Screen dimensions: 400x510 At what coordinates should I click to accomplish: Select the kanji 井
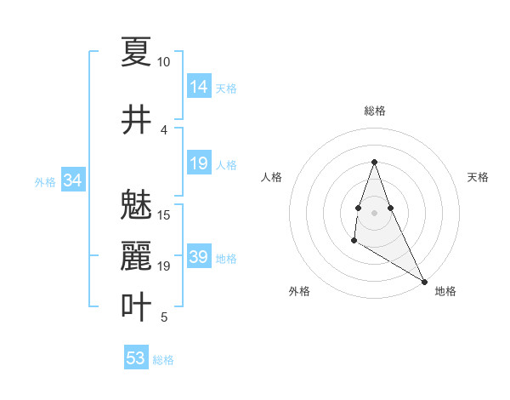click(136, 118)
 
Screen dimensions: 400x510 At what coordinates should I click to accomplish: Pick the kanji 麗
click(136, 255)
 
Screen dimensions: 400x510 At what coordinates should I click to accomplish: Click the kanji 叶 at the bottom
click(136, 306)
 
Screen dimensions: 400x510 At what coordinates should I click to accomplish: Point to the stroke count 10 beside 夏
click(164, 62)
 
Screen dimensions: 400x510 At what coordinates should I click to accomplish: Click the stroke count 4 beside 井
click(164, 130)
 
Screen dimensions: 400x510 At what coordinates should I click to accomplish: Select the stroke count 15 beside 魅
click(164, 214)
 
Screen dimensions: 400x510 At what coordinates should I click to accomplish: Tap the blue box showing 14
click(199, 87)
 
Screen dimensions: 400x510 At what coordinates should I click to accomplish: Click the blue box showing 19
click(199, 163)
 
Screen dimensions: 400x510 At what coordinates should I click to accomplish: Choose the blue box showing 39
click(199, 257)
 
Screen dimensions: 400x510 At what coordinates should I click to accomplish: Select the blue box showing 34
click(73, 180)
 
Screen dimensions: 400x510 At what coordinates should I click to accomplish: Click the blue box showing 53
click(136, 358)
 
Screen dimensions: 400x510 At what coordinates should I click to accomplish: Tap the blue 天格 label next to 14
click(226, 89)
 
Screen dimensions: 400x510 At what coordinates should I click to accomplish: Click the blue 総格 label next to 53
click(163, 360)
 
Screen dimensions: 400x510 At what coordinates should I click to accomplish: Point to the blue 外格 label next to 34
click(45, 182)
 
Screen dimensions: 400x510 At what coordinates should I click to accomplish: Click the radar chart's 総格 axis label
click(375, 111)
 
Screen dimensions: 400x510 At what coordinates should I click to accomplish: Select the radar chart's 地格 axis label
click(445, 291)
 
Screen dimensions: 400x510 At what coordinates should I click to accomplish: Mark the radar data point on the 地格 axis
click(425, 282)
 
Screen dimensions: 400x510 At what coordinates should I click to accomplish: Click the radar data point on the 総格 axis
click(375, 162)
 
